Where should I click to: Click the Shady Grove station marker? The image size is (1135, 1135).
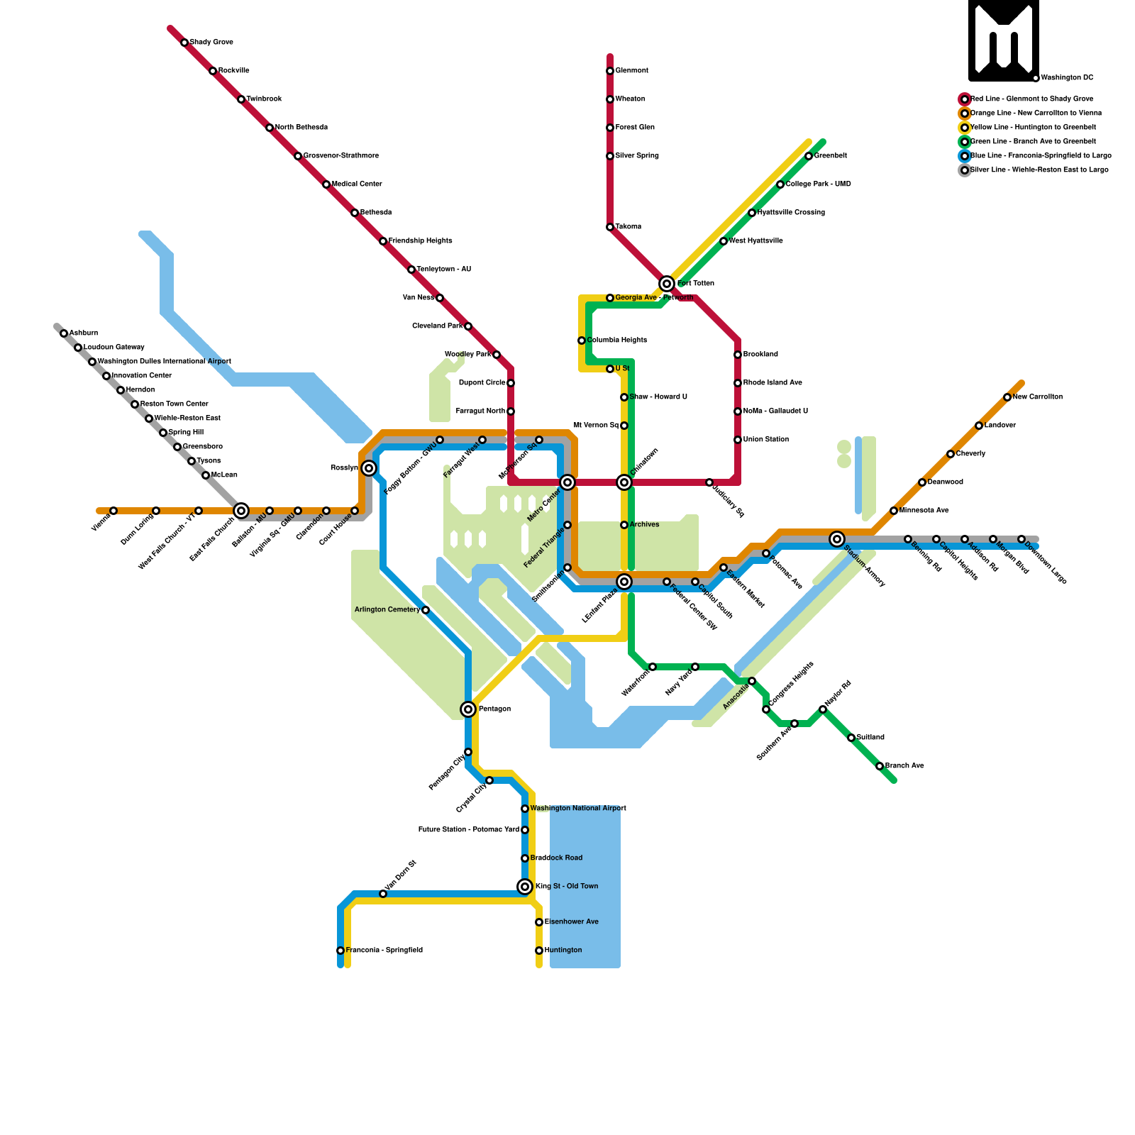pyautogui.click(x=184, y=43)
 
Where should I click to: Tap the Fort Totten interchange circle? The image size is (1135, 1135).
pyautogui.click(x=667, y=284)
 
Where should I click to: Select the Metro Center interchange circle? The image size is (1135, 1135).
pyautogui.click(x=567, y=482)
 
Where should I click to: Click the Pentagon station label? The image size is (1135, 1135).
pyautogui.click(x=494, y=709)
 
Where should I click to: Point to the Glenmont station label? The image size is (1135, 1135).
pyautogui.click(x=631, y=71)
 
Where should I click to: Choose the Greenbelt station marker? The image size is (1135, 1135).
pyautogui.click(x=809, y=156)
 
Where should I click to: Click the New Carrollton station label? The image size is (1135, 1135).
pyautogui.click(x=1037, y=397)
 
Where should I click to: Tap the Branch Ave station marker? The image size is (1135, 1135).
pyautogui.click(x=880, y=766)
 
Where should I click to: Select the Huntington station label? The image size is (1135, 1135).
pyautogui.click(x=563, y=951)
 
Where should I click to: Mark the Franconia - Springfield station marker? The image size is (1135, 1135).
pyautogui.click(x=340, y=951)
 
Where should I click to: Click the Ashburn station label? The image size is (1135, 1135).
pyautogui.click(x=84, y=333)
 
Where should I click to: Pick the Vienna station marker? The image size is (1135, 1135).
pyautogui.click(x=113, y=511)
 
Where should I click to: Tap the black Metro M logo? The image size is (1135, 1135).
pyautogui.click(x=1004, y=40)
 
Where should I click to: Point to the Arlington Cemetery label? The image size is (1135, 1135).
pyautogui.click(x=387, y=610)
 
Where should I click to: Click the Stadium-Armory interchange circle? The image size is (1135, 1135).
pyautogui.click(x=837, y=539)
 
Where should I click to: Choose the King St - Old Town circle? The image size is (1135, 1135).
pyautogui.click(x=525, y=887)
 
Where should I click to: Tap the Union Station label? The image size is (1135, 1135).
pyautogui.click(x=766, y=440)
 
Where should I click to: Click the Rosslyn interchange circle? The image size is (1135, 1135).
pyautogui.click(x=369, y=468)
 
